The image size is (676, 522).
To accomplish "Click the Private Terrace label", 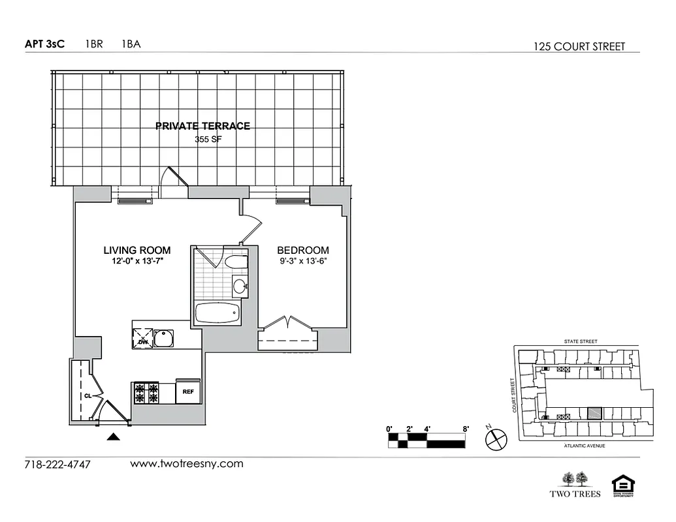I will [202, 126].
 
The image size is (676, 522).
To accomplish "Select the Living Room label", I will [137, 250].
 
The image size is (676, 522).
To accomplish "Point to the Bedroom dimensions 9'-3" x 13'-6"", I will [302, 262].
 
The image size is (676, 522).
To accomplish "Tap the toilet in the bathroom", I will [236, 262].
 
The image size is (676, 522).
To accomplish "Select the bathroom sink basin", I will [240, 285].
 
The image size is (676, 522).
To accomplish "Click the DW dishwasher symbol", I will [143, 338].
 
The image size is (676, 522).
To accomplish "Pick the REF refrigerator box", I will [188, 392].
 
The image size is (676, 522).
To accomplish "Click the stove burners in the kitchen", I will [147, 393].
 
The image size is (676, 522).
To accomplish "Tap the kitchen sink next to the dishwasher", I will [163, 338].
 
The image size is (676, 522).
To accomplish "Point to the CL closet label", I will [87, 395].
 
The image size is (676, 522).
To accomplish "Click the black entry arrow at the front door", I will [114, 437].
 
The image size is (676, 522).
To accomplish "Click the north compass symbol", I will [496, 439].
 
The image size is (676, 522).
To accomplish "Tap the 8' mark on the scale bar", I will [466, 429].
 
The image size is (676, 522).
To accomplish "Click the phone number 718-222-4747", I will [57, 465].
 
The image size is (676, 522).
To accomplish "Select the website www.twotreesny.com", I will [187, 464].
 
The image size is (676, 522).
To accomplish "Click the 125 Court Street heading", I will [579, 46].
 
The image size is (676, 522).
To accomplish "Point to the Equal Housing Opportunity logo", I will [622, 485].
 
